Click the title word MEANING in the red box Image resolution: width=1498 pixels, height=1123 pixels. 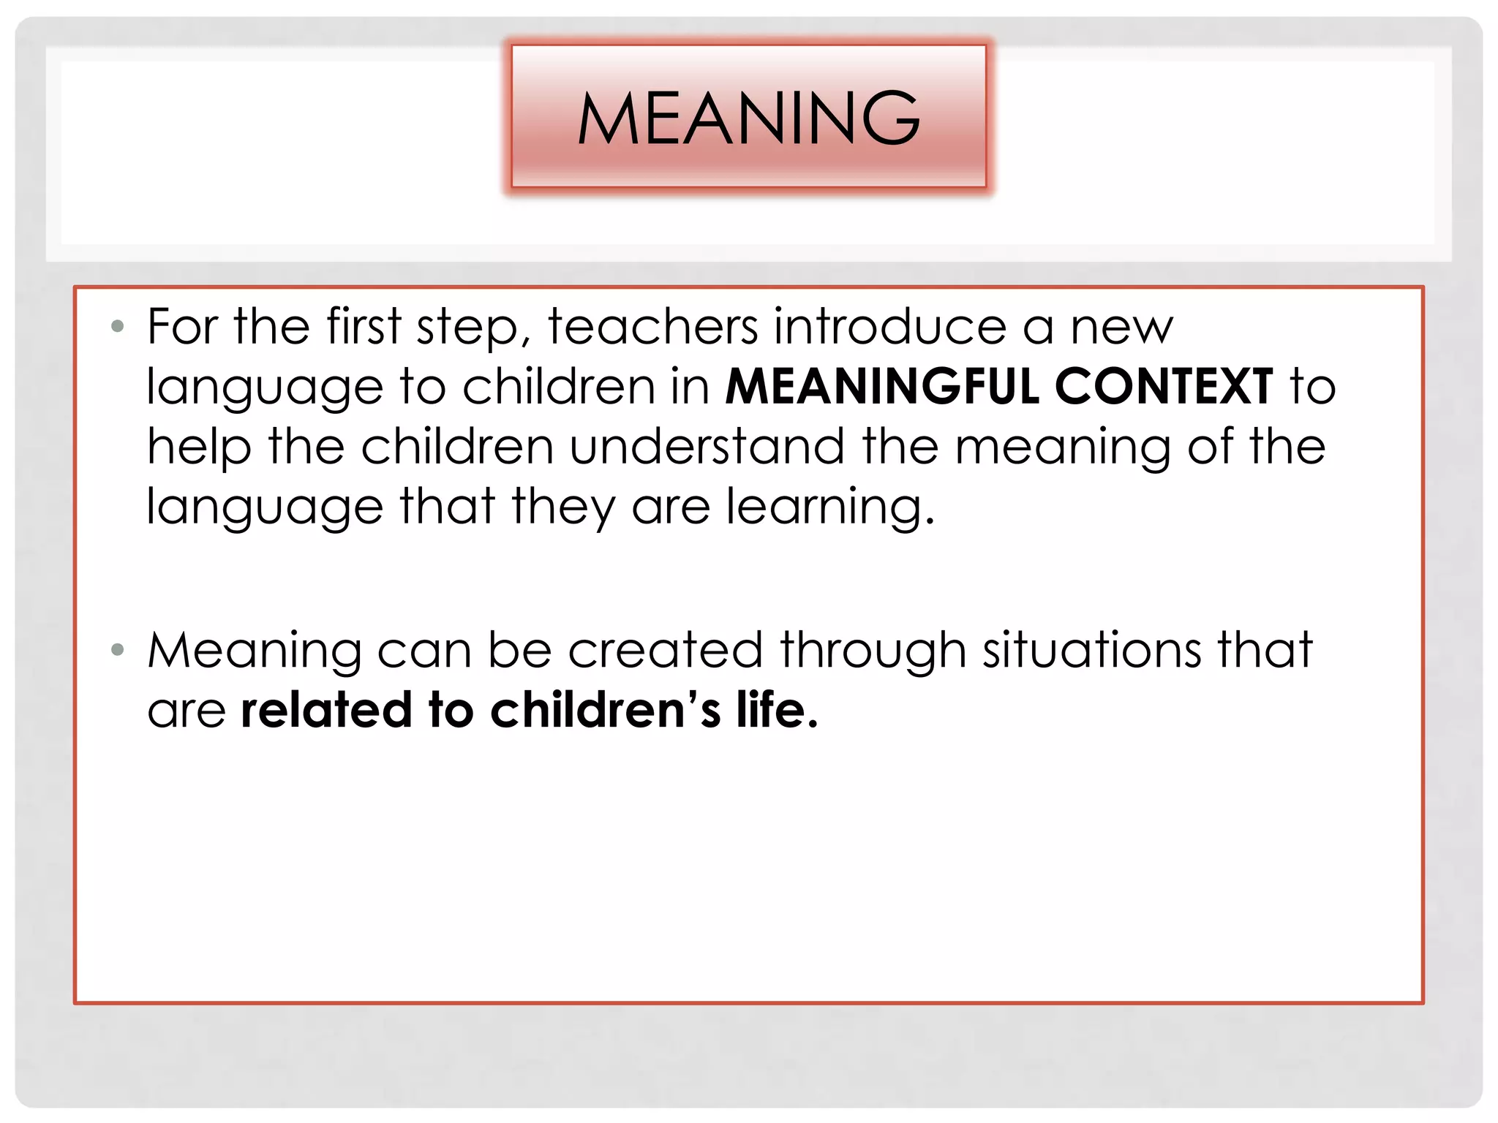click(x=748, y=117)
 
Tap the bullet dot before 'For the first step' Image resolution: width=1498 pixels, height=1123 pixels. click(x=117, y=326)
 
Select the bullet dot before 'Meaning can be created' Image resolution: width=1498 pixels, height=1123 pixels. click(x=117, y=649)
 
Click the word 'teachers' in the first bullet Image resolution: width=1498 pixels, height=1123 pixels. click(x=653, y=326)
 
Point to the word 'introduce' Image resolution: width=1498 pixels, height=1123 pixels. click(x=890, y=326)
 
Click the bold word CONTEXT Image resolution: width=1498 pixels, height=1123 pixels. click(x=1164, y=386)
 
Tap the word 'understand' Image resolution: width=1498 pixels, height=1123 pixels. click(x=707, y=446)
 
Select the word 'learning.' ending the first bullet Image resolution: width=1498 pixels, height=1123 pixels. click(x=830, y=507)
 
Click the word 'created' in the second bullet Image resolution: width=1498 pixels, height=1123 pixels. click(x=665, y=649)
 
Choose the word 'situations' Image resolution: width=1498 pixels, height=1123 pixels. click(x=1091, y=649)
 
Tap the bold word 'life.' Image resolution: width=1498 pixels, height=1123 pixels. click(x=776, y=709)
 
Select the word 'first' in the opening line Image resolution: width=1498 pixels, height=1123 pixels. click(x=364, y=326)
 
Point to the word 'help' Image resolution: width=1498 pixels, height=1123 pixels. click(x=199, y=447)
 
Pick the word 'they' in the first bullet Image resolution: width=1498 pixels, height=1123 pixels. click(x=563, y=507)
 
